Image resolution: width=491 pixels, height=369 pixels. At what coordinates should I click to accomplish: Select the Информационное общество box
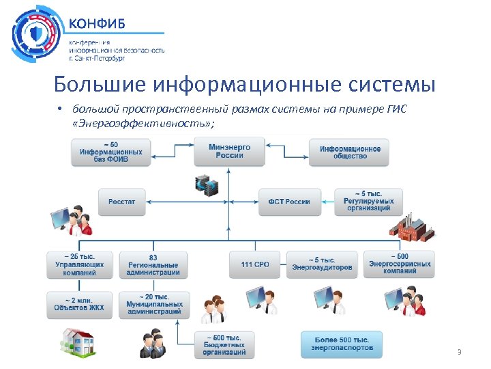coord(350,152)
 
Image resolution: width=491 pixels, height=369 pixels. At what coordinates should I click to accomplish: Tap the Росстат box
coord(122,202)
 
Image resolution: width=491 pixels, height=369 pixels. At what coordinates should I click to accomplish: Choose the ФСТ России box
coord(289,202)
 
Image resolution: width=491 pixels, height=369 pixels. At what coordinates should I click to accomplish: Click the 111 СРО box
coord(254,264)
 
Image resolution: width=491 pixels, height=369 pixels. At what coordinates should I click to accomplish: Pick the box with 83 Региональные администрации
coord(153,265)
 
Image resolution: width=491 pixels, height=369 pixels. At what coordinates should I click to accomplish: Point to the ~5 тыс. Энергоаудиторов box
coord(322,264)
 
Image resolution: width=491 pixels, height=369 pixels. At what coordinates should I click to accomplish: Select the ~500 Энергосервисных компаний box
coord(400,264)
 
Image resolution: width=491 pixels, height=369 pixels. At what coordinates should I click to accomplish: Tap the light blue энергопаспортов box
coord(342,344)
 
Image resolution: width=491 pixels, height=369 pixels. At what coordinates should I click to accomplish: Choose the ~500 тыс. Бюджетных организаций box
coord(224,344)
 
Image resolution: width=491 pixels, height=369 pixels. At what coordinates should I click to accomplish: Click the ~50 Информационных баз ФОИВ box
coord(110,152)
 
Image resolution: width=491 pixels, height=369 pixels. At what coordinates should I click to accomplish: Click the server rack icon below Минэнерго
coord(207,184)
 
